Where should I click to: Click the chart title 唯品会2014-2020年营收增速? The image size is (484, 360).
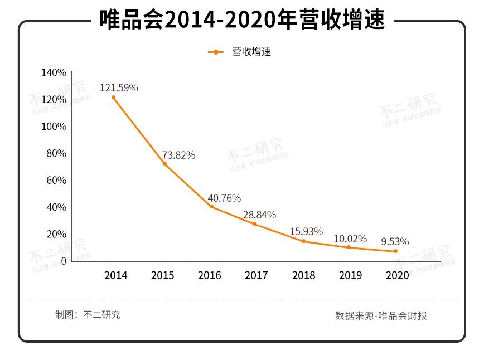tap(241, 21)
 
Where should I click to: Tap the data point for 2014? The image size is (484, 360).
tap(113, 97)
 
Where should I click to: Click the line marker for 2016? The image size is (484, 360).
tap(211, 207)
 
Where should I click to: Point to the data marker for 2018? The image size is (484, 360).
tap(304, 241)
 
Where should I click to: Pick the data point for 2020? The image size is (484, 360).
tap(395, 251)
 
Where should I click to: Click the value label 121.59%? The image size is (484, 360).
tap(119, 87)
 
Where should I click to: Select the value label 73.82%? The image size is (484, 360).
tap(178, 155)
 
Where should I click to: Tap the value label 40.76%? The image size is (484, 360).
tap(224, 198)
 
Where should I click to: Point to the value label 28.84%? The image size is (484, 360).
tap(259, 215)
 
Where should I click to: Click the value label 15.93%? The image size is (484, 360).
tap(307, 231)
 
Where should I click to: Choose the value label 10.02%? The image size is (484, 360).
tap(350, 239)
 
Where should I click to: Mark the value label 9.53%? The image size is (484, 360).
tap(395, 241)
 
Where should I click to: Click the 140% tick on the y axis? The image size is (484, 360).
tap(54, 73)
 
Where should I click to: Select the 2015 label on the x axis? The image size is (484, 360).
tap(162, 275)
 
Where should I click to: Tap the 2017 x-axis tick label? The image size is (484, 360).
tap(256, 275)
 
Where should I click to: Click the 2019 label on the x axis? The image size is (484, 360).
tap(350, 275)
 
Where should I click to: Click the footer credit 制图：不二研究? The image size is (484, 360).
tap(88, 314)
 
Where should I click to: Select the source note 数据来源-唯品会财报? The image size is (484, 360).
tap(381, 315)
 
